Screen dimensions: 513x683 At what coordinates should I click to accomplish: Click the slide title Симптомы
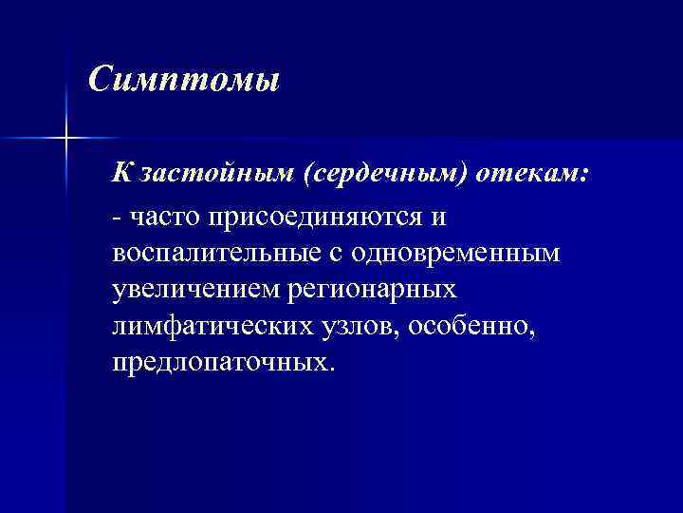(x=184, y=79)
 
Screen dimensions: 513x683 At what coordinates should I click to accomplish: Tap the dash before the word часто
(x=116, y=218)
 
